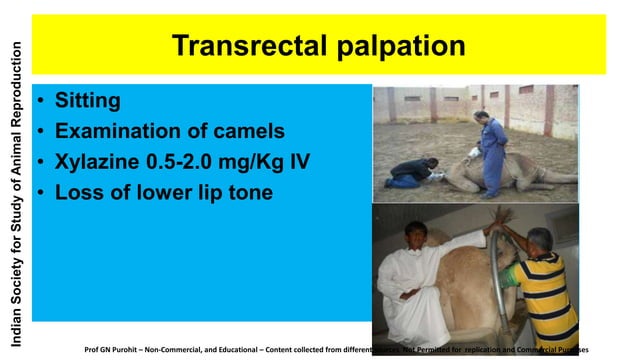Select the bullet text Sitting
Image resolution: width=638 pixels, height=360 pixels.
tap(88, 101)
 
